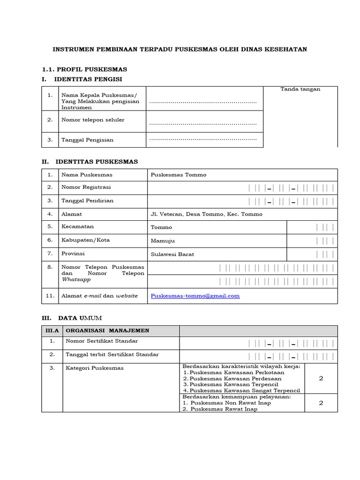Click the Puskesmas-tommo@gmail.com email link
click(195, 296)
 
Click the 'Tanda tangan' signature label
click(300, 89)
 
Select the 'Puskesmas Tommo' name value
click(178, 175)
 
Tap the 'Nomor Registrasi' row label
click(86, 187)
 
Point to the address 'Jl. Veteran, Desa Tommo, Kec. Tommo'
click(206, 214)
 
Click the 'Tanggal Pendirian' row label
click(87, 201)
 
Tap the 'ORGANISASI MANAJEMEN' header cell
click(108, 330)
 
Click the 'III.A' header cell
click(52, 330)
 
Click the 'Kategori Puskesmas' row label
click(95, 368)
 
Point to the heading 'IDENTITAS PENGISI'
click(89, 79)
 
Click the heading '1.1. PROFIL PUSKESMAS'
click(84, 69)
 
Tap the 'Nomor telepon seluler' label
click(93, 120)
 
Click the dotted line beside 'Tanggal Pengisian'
click(203, 139)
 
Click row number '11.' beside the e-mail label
click(50, 296)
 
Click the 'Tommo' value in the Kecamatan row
click(161, 227)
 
